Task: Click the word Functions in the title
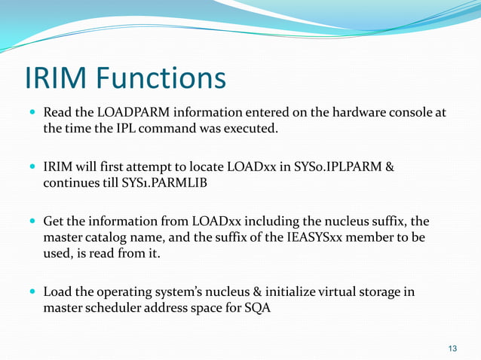click(x=161, y=78)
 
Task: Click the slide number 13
click(x=452, y=348)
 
